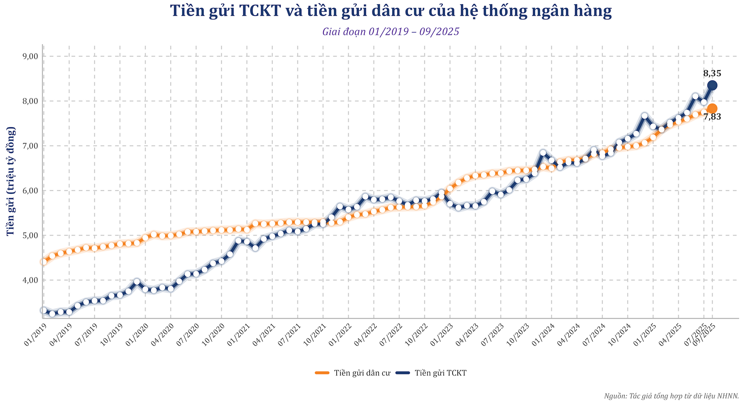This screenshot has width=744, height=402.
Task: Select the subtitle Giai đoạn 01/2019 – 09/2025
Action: tap(391, 32)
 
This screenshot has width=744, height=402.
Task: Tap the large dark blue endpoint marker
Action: tap(712, 85)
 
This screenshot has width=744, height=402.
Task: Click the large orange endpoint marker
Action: tap(712, 108)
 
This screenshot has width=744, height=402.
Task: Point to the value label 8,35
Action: tap(712, 73)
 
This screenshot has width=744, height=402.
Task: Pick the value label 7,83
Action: tap(712, 117)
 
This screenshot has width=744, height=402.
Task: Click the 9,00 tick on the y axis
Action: tap(30, 56)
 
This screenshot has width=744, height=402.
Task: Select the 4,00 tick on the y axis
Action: tap(30, 280)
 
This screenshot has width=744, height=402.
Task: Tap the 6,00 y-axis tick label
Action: tap(30, 191)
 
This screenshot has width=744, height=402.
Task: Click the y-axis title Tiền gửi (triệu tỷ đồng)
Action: tap(10, 181)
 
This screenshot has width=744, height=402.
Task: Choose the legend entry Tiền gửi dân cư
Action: tap(353, 373)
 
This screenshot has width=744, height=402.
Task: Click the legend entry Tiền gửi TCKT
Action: tap(431, 373)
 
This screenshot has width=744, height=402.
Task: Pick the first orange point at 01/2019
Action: tap(43, 262)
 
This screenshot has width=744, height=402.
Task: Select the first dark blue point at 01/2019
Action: tap(43, 310)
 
